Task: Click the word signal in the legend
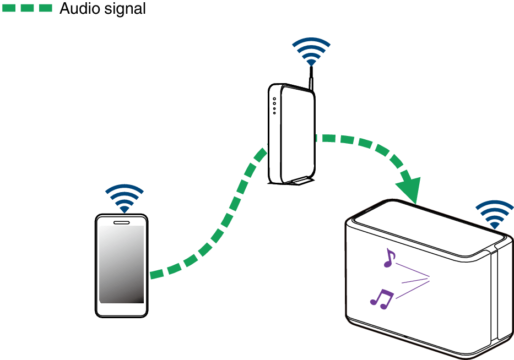coord(126,9)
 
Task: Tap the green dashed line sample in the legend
coord(27,8)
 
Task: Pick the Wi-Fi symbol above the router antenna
coord(311,52)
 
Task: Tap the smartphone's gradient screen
coord(121,264)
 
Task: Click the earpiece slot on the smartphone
coord(121,222)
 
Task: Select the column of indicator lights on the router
coord(274,106)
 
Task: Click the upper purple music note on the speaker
coord(389,258)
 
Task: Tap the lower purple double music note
coord(382,298)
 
